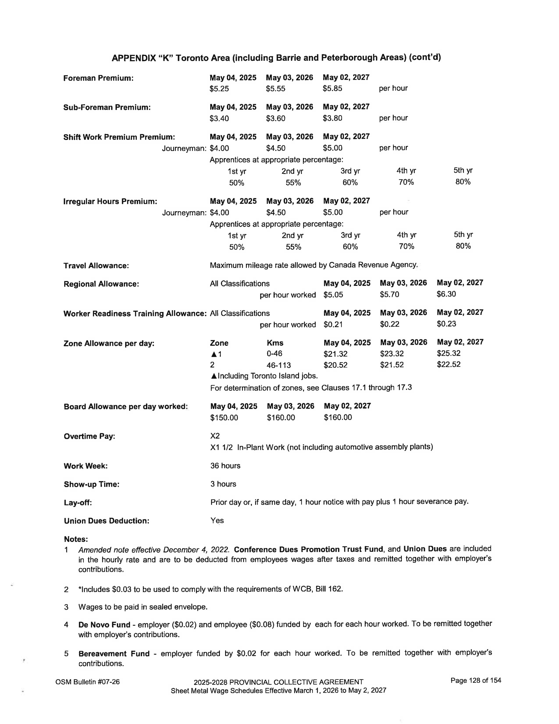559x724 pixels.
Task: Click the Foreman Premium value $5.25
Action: point(219,89)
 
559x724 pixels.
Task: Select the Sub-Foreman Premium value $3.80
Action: point(332,118)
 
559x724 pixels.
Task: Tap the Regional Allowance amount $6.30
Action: point(446,294)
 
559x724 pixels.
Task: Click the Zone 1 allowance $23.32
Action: point(392,354)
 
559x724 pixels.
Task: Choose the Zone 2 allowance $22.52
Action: point(448,364)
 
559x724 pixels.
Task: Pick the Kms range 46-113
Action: point(279,365)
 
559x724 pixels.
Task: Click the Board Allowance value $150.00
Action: point(224,417)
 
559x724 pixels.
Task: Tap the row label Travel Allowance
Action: point(96,266)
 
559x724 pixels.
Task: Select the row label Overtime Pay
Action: point(90,436)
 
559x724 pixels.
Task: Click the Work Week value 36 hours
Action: point(225,466)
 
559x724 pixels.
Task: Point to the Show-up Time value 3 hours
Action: point(223,484)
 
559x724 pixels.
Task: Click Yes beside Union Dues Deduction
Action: point(217,520)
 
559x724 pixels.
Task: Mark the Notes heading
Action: point(76,539)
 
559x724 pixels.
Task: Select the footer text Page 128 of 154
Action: point(476,680)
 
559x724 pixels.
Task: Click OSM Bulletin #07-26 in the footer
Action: point(88,682)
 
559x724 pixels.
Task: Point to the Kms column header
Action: point(275,343)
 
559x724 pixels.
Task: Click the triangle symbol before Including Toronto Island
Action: point(214,376)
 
